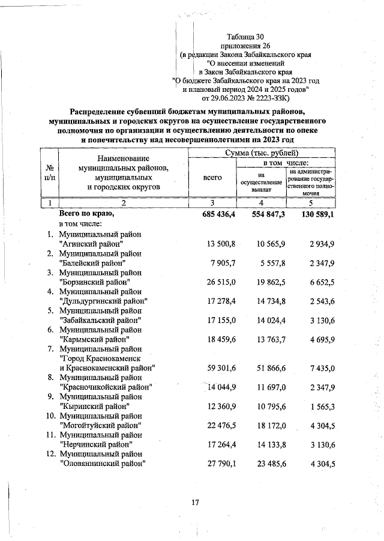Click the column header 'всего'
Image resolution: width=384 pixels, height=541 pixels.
(x=212, y=177)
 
